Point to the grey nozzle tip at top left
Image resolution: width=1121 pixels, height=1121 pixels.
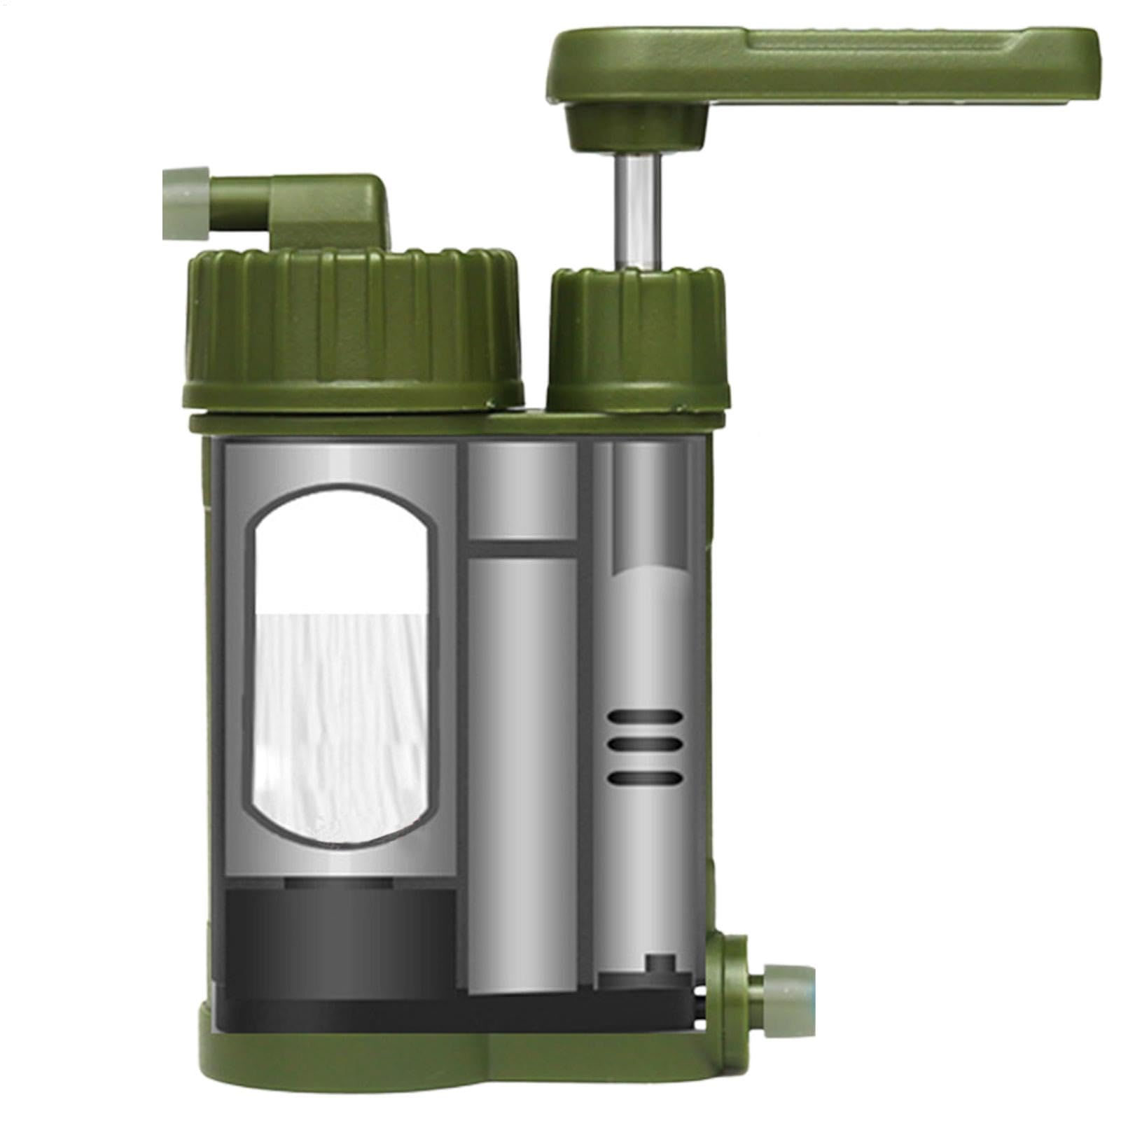pyautogui.click(x=186, y=204)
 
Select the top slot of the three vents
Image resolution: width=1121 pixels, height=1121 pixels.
pyautogui.click(x=645, y=718)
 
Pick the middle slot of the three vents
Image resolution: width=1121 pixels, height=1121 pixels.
pyautogui.click(x=645, y=747)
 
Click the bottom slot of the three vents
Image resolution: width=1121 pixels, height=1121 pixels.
pyautogui.click(x=645, y=777)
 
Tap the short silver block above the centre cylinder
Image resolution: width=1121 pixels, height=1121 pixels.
pyautogui.click(x=522, y=490)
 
